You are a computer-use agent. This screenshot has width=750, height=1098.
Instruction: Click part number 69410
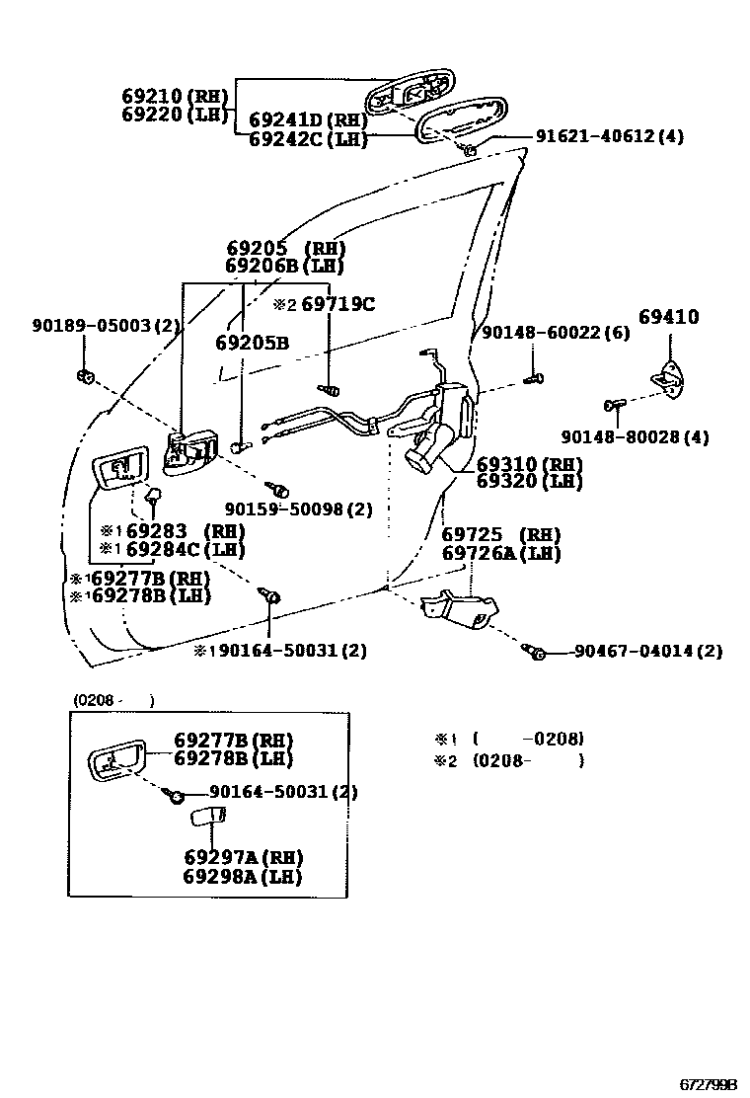point(668,318)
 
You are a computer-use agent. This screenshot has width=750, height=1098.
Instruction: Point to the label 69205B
point(252,344)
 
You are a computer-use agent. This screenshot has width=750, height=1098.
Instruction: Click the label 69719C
point(337,305)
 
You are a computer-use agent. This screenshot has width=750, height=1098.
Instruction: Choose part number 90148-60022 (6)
point(556,334)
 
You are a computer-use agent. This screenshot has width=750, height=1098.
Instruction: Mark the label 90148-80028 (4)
point(635,436)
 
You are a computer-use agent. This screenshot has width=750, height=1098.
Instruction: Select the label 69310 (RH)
point(529,464)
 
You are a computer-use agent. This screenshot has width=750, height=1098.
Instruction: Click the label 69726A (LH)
point(500,554)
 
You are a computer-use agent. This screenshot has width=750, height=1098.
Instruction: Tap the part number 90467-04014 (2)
point(647,651)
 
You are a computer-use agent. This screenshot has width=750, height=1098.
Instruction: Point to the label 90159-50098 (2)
point(298,510)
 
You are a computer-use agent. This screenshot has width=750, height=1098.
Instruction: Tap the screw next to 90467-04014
point(537,651)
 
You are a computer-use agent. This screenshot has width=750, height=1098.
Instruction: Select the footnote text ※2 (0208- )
point(509,761)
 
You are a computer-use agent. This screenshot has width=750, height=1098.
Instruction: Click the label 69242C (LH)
point(308,139)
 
